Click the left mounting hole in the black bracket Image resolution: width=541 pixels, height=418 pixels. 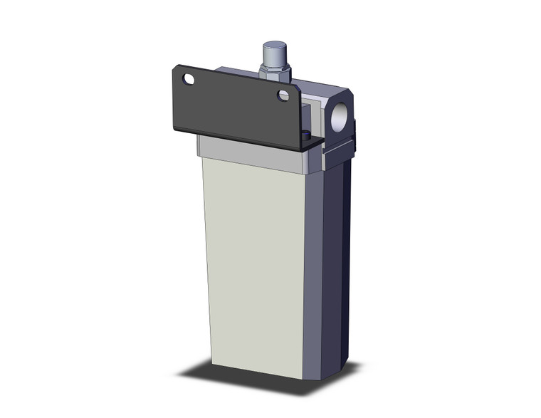tap(189, 79)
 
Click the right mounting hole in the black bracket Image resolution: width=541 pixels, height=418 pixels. tap(283, 95)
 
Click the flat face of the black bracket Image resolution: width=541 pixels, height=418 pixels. tap(235, 107)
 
